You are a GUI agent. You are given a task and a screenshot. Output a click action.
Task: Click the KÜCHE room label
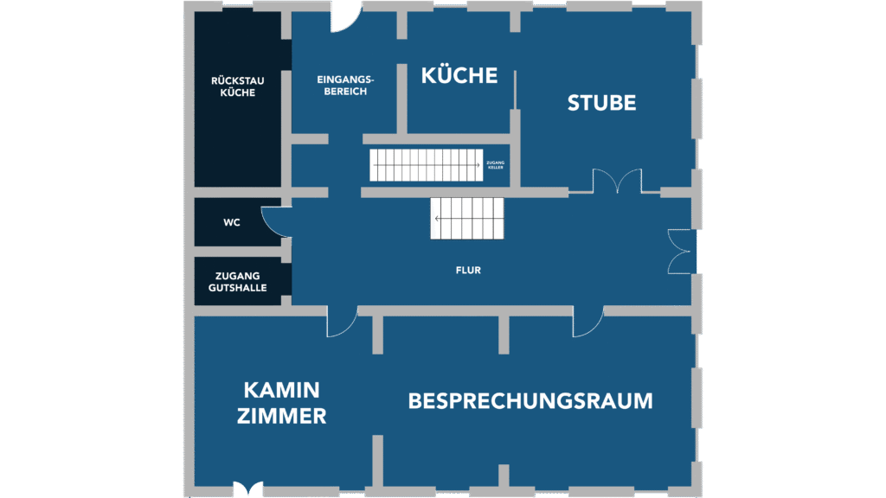point(459,76)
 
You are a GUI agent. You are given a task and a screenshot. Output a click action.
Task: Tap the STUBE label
point(601,103)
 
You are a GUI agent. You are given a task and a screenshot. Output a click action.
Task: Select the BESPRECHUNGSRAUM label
point(530,401)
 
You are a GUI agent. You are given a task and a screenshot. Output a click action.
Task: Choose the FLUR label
point(468,271)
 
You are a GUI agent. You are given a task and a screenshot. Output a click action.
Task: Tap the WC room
point(232,222)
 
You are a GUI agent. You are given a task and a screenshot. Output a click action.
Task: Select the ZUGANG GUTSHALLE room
point(237,282)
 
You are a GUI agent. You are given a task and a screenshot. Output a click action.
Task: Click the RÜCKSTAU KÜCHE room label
point(237,86)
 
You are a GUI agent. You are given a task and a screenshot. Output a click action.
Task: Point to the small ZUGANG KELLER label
point(496,164)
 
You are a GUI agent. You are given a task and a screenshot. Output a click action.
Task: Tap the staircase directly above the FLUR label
point(467,218)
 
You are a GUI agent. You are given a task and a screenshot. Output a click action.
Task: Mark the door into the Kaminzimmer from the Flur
point(342,322)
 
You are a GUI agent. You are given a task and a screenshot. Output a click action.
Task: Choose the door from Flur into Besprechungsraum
point(588,322)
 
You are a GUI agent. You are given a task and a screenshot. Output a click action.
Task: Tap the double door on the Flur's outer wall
point(682,251)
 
